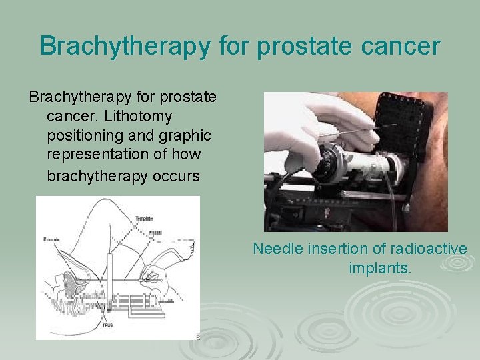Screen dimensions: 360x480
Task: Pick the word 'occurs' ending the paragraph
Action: click(x=177, y=176)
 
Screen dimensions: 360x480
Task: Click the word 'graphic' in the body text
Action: click(x=186, y=135)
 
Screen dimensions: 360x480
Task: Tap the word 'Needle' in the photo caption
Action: click(x=276, y=249)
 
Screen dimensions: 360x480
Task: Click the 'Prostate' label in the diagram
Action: click(x=51, y=238)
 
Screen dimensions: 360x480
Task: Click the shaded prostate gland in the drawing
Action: click(x=68, y=286)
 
